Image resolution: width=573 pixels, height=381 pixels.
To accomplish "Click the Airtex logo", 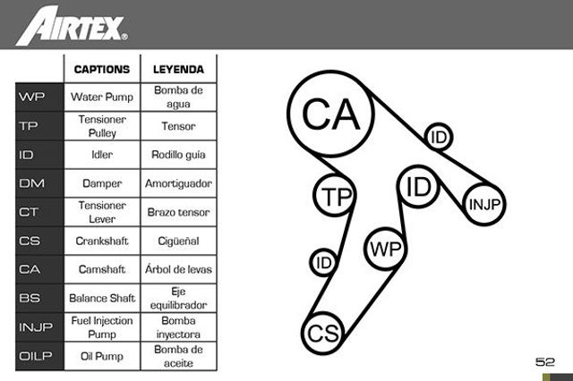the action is (72, 25).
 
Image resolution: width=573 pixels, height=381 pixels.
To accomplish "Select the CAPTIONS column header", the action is (102, 70).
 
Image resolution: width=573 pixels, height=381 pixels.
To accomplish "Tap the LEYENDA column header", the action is (178, 70).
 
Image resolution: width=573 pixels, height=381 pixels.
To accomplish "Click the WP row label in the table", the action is (32, 97).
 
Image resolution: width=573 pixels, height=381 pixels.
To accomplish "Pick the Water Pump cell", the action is (102, 97).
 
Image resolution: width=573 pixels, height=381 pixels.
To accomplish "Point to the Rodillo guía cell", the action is (178, 155).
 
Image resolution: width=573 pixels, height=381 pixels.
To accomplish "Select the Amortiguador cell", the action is (178, 183).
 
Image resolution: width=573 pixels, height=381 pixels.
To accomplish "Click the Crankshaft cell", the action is (102, 241).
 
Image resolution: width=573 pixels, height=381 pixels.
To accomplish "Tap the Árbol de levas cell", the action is (178, 269).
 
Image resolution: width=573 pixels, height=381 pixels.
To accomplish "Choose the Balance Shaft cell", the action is (102, 298).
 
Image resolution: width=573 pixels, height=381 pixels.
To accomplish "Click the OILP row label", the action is (36, 356).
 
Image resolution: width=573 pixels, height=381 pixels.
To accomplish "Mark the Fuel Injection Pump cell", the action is (102, 327).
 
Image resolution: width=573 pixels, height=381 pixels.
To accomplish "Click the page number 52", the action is (545, 361).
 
